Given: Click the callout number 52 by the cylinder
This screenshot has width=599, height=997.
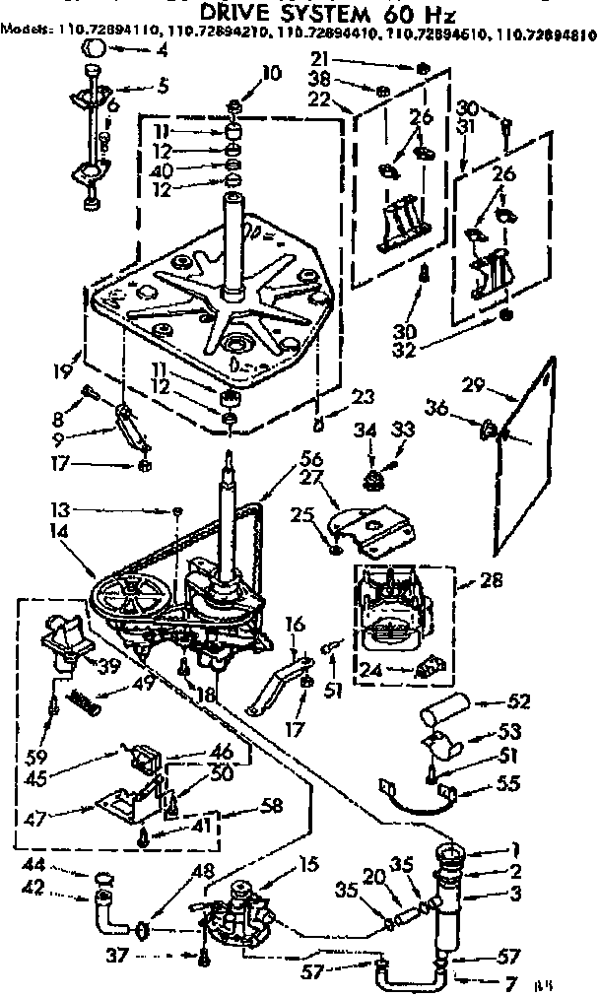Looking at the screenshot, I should [x=521, y=702].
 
